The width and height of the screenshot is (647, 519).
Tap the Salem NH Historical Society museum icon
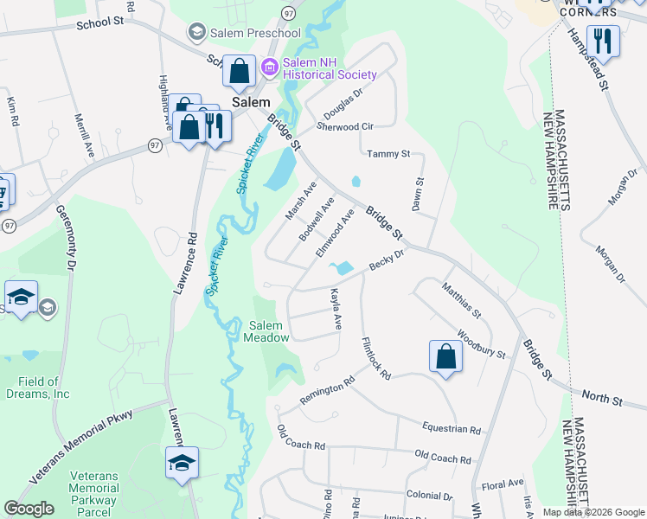pyautogui.click(x=271, y=66)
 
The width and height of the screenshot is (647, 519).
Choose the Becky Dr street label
pyautogui.click(x=387, y=259)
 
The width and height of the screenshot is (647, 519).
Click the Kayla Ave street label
pyautogui.click(x=335, y=310)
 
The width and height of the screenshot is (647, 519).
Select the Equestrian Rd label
pyautogui.click(x=451, y=428)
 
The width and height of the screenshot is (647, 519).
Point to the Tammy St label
pyautogui.click(x=388, y=154)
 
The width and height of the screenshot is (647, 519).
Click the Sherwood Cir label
pyautogui.click(x=344, y=126)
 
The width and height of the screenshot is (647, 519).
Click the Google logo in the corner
pyautogui.click(x=29, y=509)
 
